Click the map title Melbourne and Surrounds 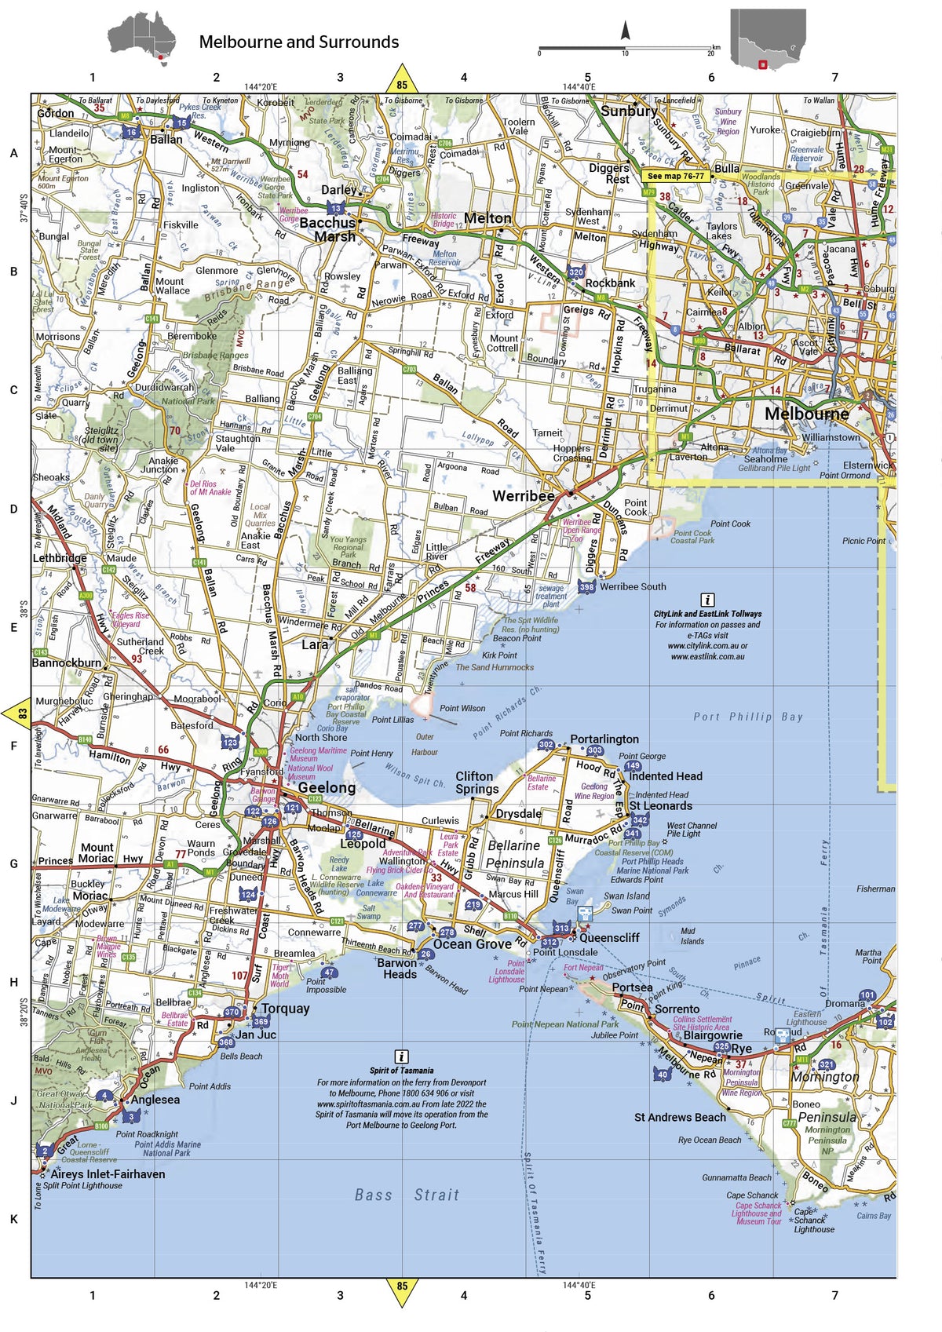click(298, 42)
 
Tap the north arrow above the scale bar click(626, 31)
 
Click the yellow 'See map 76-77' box click(675, 177)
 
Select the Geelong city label click(327, 787)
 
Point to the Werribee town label click(523, 496)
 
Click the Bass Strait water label click(407, 1195)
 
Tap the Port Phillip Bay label click(747, 717)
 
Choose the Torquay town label click(285, 1009)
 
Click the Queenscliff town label click(609, 937)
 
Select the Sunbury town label click(629, 111)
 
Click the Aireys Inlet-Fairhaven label click(108, 1174)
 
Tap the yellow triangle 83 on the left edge click(19, 714)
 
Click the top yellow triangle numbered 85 click(402, 82)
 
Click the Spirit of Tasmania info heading click(401, 1071)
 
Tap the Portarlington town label click(604, 739)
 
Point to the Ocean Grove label click(472, 944)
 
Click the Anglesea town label click(155, 1100)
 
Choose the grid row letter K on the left click(13, 1219)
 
